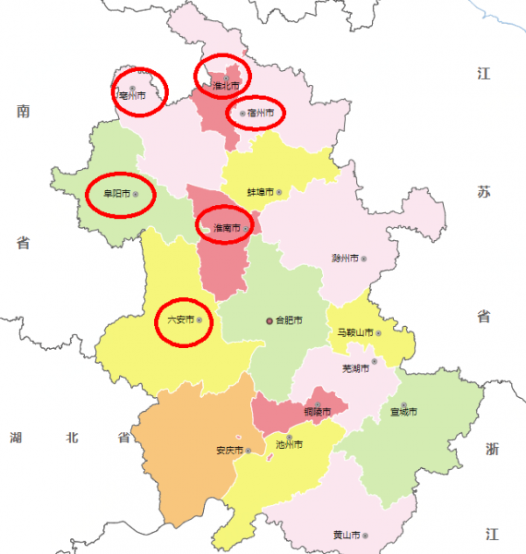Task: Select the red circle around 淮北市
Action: [x=222, y=76]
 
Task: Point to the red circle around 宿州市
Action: [x=256, y=112]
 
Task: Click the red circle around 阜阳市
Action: [x=120, y=195]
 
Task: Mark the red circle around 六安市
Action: [x=184, y=320]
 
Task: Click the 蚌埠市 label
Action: [x=260, y=192]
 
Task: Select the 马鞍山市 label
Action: [x=353, y=332]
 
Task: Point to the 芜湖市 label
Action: [x=354, y=368]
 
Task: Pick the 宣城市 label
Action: [x=403, y=411]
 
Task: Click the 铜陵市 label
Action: [x=317, y=411]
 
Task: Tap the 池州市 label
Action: [x=288, y=444]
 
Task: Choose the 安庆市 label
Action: [x=228, y=451]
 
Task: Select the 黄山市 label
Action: [x=345, y=535]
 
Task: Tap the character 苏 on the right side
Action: [x=484, y=192]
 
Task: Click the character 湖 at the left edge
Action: [x=17, y=437]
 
